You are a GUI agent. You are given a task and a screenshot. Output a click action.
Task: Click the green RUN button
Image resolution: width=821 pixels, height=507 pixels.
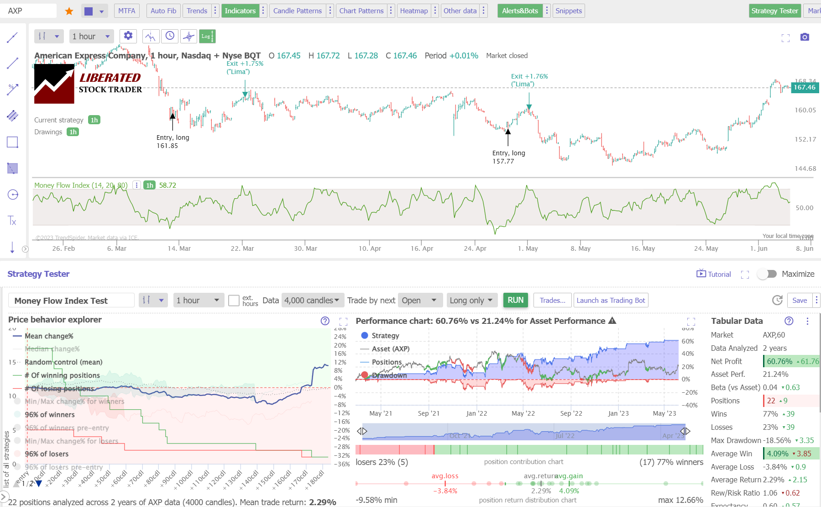[x=515, y=300]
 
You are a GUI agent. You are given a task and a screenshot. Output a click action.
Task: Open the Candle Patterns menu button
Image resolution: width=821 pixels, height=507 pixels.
[x=297, y=11]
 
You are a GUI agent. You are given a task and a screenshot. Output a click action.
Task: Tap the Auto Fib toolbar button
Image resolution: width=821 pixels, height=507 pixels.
[x=163, y=11]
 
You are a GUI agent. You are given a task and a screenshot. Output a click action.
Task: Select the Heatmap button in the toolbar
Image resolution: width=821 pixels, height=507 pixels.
[x=413, y=11]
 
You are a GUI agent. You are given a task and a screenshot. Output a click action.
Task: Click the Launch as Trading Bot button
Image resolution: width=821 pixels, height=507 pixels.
[x=611, y=300]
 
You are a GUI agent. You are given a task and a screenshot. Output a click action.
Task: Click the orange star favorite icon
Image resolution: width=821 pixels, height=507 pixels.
[x=69, y=11]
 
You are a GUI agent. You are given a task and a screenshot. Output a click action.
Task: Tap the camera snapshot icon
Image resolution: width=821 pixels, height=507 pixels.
[x=805, y=37]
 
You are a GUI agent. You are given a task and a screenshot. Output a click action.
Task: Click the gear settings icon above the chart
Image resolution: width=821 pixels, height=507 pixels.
[x=128, y=36]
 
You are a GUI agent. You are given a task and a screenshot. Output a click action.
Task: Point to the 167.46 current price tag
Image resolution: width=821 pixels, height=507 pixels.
[x=804, y=87]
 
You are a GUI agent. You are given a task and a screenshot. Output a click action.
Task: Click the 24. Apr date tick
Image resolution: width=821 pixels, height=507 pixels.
[x=475, y=248]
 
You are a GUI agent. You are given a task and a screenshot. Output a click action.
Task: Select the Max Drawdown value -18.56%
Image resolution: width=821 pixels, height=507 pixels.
[x=776, y=440]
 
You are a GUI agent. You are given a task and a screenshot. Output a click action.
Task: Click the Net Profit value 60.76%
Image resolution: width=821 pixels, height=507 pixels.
[x=779, y=361]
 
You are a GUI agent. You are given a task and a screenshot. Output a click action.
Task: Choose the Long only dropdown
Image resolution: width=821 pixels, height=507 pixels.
[x=471, y=300]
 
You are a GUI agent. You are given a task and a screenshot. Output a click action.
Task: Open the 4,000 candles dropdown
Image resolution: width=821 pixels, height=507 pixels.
[x=312, y=300]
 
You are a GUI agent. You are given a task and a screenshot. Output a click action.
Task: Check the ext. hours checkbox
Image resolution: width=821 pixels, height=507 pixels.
[x=234, y=301]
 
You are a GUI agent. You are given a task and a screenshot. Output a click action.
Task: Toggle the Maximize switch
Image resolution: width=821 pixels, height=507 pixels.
[x=767, y=274]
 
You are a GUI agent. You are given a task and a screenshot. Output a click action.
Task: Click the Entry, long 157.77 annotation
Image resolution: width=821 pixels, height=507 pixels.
[x=508, y=157]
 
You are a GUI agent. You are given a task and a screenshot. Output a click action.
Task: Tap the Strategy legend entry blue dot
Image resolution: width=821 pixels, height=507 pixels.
[x=365, y=335]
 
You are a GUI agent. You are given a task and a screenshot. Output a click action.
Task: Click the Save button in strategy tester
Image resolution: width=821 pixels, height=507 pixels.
[x=799, y=300]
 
